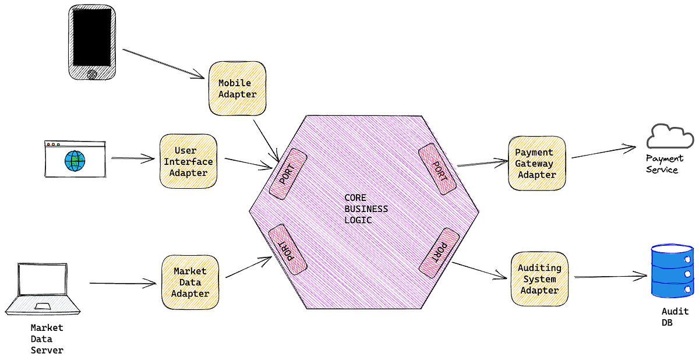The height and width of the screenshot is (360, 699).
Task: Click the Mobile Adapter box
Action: tap(238, 88)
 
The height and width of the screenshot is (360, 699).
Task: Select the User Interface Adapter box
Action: tap(188, 161)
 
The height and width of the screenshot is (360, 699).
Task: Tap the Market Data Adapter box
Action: tap(190, 282)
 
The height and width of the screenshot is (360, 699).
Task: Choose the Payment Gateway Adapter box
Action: tap(536, 163)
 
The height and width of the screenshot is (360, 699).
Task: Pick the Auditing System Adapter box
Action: tap(539, 278)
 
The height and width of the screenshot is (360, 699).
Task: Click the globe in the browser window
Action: tap(75, 161)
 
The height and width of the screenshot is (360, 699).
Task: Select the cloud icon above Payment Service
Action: tap(670, 137)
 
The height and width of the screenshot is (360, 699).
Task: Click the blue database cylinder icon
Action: tap(672, 272)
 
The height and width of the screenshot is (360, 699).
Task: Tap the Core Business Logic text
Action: tap(366, 209)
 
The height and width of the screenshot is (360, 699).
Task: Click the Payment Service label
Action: tap(664, 164)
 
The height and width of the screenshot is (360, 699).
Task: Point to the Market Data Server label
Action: tap(47, 338)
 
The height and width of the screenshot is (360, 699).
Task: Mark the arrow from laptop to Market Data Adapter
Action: tap(122, 284)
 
